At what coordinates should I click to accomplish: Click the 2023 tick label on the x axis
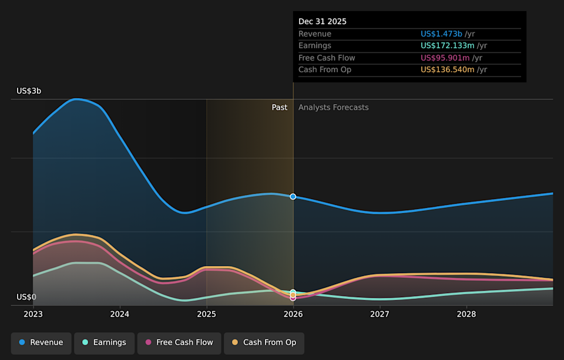click(33, 314)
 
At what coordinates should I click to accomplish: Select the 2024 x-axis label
click(120, 314)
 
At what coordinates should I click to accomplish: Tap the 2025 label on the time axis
click(206, 314)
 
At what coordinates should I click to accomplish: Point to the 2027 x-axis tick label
click(380, 314)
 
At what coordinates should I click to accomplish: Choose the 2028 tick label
click(466, 314)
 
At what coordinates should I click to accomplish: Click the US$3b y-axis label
click(29, 91)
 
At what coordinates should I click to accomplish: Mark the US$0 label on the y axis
click(26, 297)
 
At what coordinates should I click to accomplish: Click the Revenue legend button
click(41, 343)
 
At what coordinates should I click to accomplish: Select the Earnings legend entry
click(105, 343)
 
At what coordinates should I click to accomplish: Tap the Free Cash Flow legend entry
click(179, 343)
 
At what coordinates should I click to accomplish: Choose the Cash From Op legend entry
click(264, 343)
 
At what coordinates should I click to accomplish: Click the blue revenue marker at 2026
click(293, 196)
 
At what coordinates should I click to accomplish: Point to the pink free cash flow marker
click(293, 298)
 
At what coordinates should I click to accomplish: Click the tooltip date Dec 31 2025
click(323, 22)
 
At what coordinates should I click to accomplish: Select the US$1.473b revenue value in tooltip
click(441, 34)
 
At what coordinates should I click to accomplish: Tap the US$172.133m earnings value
click(448, 46)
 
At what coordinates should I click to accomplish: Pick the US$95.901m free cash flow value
click(445, 58)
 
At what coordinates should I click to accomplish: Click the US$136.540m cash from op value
click(448, 70)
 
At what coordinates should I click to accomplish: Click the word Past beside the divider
click(280, 107)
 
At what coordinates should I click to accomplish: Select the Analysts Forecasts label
click(334, 107)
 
